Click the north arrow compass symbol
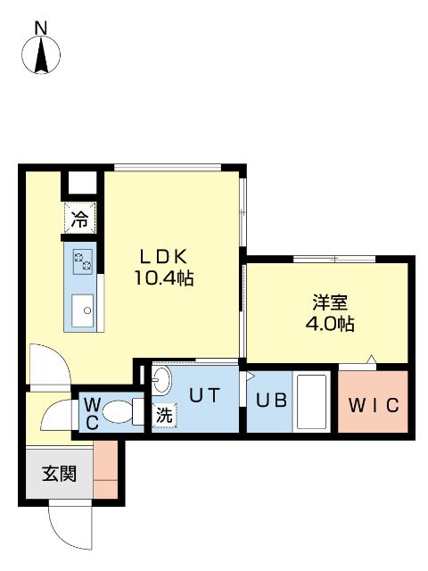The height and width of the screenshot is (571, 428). pyautogui.click(x=41, y=55)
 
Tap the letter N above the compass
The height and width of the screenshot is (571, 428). pyautogui.click(x=41, y=28)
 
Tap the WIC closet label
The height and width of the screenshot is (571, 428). pyautogui.click(x=374, y=404)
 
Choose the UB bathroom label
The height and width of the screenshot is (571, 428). pyautogui.click(x=273, y=401)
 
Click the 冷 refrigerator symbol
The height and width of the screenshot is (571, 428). pyautogui.click(x=80, y=217)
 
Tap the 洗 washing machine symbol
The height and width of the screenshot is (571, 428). pyautogui.click(x=164, y=415)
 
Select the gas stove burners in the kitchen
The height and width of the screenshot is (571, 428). pyautogui.click(x=84, y=261)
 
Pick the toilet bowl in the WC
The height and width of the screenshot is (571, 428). pyautogui.click(x=119, y=413)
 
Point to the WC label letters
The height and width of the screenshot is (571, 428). pyautogui.click(x=92, y=413)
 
